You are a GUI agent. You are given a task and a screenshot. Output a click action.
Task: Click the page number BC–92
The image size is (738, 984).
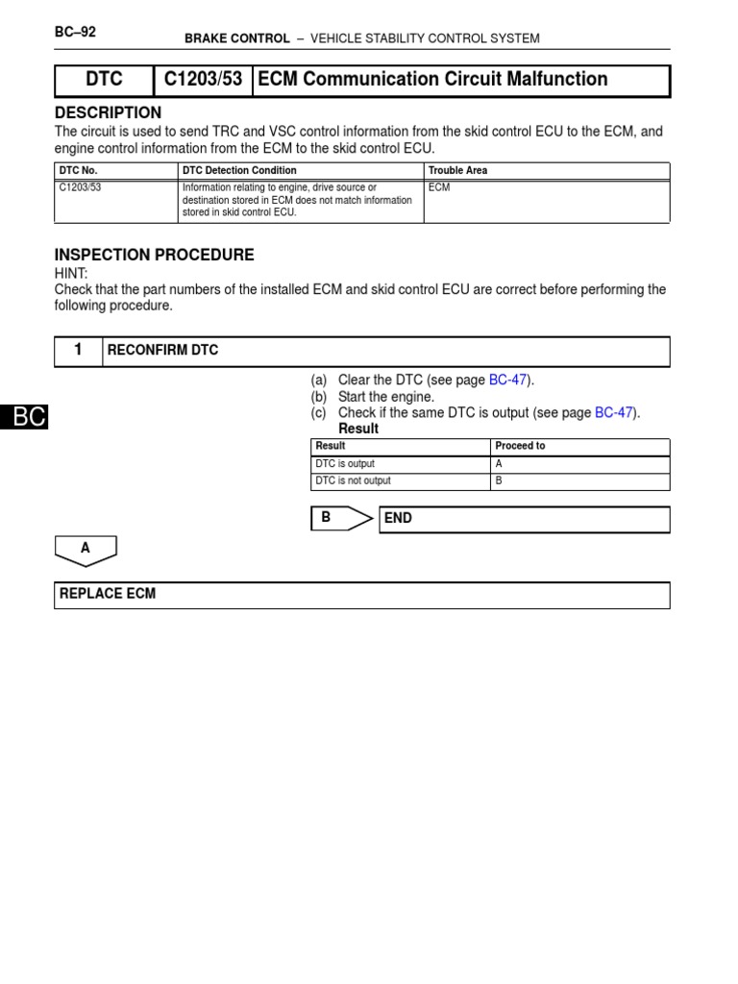click(x=75, y=32)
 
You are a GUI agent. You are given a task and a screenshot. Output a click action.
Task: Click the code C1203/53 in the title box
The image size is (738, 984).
click(x=203, y=80)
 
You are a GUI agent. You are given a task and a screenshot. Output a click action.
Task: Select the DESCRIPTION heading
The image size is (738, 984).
click(x=108, y=113)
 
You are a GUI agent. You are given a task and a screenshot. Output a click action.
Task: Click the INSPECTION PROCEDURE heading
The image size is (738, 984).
click(x=154, y=256)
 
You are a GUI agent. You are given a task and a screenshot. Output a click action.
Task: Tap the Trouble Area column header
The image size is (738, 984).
click(x=457, y=170)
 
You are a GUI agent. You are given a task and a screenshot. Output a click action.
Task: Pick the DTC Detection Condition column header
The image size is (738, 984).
click(x=239, y=170)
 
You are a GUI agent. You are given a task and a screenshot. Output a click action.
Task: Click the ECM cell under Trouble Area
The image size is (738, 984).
click(x=439, y=187)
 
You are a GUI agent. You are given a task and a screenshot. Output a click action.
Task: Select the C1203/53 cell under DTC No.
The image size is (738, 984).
click(x=81, y=187)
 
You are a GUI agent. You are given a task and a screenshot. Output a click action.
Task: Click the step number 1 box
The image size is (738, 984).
click(x=79, y=351)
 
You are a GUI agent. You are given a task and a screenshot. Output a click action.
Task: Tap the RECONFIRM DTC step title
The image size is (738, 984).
click(x=163, y=351)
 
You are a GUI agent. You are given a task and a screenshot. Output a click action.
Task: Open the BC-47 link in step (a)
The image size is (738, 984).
click(x=508, y=381)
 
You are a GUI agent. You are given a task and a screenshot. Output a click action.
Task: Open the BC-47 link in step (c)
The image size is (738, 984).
click(x=614, y=413)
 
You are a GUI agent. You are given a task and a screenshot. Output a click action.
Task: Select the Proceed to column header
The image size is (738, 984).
click(x=520, y=446)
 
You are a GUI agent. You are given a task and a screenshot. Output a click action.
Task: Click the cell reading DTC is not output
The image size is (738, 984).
click(x=354, y=480)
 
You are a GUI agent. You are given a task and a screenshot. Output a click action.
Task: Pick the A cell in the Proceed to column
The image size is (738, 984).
click(x=499, y=463)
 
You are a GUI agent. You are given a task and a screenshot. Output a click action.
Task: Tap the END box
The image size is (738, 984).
click(x=524, y=519)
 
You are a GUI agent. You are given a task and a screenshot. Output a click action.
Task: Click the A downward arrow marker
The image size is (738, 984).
click(x=86, y=550)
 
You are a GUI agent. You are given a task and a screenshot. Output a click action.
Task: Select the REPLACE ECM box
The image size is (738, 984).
click(x=361, y=595)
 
